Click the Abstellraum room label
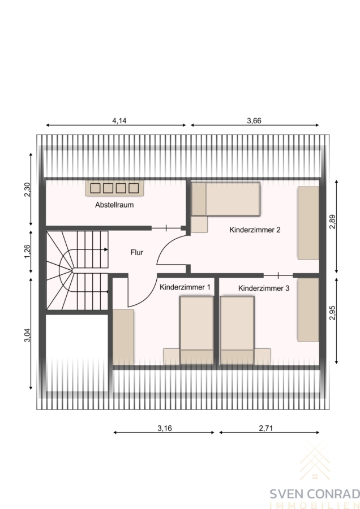(114, 205)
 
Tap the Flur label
(137, 252)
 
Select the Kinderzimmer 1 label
(185, 287)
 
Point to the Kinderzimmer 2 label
(255, 230)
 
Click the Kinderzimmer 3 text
(264, 288)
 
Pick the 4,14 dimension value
(119, 121)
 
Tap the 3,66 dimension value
(254, 121)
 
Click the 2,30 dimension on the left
(27, 189)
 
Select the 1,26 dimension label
(27, 251)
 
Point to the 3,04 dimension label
(27, 335)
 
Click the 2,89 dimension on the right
(332, 222)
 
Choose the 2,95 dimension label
(332, 313)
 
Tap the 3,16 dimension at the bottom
(165, 428)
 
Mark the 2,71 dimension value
(266, 428)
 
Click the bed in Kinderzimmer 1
(196, 330)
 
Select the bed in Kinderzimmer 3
(237, 330)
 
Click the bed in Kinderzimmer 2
(225, 199)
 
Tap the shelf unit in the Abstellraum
(115, 188)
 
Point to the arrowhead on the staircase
(106, 249)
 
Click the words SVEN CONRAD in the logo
(315, 494)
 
